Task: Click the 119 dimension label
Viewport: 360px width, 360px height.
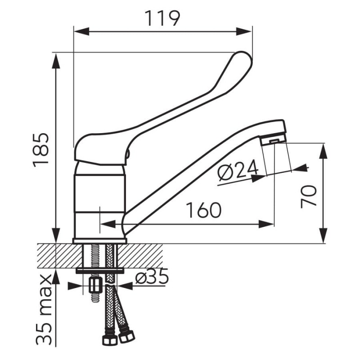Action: (x=162, y=18)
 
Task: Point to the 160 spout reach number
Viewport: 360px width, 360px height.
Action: (x=204, y=210)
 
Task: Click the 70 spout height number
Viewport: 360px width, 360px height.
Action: (x=309, y=197)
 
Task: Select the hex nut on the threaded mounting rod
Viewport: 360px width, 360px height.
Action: (x=95, y=285)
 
